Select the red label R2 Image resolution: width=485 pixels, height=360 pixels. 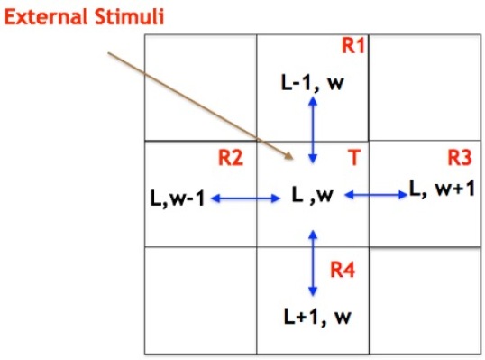tap(231, 159)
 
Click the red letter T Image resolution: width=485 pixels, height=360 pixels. tap(354, 159)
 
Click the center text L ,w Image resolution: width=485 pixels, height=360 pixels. tap(313, 195)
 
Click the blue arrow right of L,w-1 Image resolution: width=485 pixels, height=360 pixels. tap(243, 198)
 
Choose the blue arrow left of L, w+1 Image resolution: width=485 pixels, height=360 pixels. tap(377, 195)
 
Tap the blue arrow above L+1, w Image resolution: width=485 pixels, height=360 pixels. tap(313, 262)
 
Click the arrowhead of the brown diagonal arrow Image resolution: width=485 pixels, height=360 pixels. tap(290, 157)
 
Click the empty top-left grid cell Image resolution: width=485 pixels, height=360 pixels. tap(200, 88)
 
